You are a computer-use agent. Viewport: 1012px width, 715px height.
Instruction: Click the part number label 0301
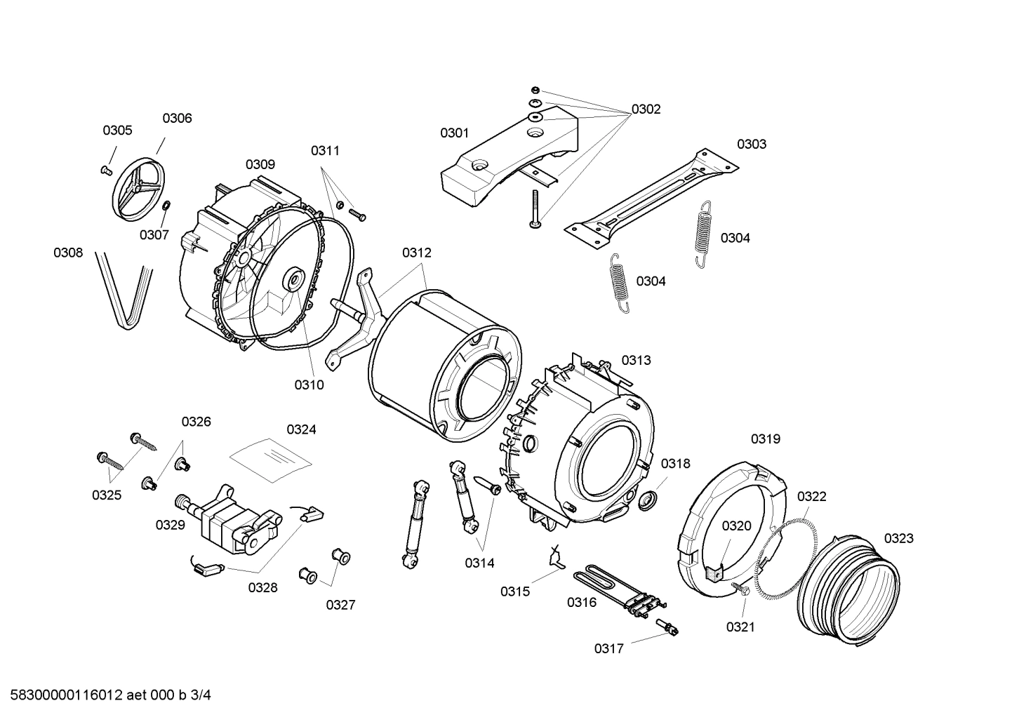pyautogui.click(x=454, y=133)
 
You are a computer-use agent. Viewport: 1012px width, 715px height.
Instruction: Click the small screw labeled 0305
pyautogui.click(x=107, y=169)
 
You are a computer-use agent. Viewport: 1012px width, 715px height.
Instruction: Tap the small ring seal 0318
pyautogui.click(x=648, y=500)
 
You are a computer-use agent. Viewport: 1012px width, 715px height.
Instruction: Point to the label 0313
pyautogui.click(x=636, y=360)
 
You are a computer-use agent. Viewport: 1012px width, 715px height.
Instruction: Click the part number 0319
pyautogui.click(x=765, y=439)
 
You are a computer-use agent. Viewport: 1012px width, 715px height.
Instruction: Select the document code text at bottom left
pyautogui.click(x=106, y=695)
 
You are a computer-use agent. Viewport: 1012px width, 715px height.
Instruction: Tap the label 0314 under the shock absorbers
pyautogui.click(x=479, y=563)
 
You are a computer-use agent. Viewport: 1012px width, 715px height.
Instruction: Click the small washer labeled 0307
pyautogui.click(x=166, y=206)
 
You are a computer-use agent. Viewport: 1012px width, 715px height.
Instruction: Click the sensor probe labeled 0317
pyautogui.click(x=667, y=627)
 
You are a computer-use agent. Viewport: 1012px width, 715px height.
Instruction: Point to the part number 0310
pyautogui.click(x=309, y=385)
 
